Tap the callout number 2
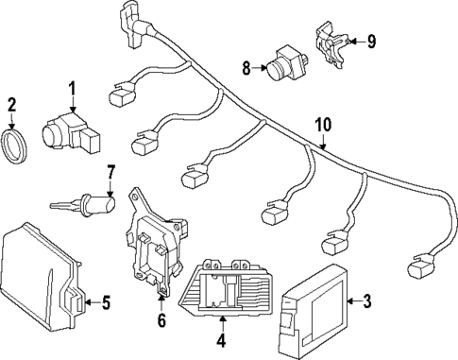[12, 105]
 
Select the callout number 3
[367, 301]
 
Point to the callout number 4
[221, 340]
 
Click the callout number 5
[106, 302]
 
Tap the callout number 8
[246, 67]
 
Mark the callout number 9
[371, 41]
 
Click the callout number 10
[324, 124]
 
